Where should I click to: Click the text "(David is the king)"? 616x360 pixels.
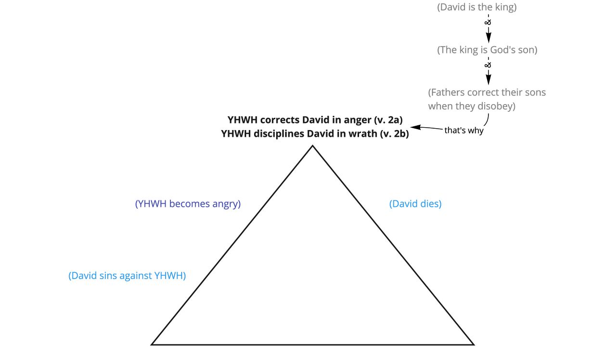(476, 7)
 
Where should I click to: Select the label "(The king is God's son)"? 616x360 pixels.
(487, 50)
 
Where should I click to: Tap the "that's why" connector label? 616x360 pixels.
(463, 130)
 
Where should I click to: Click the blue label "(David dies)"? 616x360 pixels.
(415, 204)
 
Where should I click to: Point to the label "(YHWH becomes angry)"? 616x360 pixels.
(188, 204)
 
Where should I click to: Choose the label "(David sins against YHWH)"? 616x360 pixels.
(127, 276)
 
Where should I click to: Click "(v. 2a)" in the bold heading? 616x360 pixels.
(388, 120)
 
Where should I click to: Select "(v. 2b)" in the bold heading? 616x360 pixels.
(394, 134)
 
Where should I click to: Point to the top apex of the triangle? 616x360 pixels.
(312, 146)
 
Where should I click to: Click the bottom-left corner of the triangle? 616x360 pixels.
(153, 344)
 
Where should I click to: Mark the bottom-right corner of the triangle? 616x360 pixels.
(473, 344)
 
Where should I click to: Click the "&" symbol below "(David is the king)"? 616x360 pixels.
(488, 22)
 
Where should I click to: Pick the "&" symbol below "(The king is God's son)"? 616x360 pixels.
(488, 64)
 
